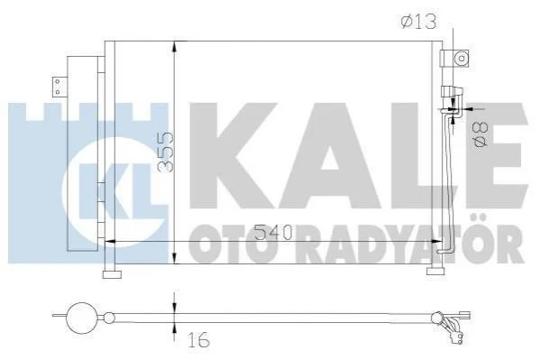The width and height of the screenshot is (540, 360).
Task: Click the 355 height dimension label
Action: [x=165, y=152]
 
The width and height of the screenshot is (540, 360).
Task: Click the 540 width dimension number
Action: [x=273, y=233]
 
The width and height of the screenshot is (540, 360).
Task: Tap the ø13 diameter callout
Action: [x=418, y=22]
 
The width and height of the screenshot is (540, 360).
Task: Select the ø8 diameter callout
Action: [x=481, y=135]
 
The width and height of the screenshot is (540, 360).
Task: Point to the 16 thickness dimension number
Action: [x=199, y=340]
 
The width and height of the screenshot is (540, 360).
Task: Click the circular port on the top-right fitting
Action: [x=461, y=59]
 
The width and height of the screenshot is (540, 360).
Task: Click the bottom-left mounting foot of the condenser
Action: [x=112, y=274]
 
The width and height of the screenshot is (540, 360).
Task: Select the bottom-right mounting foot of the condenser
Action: [x=435, y=272]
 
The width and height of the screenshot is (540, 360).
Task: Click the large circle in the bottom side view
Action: [x=81, y=318]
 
